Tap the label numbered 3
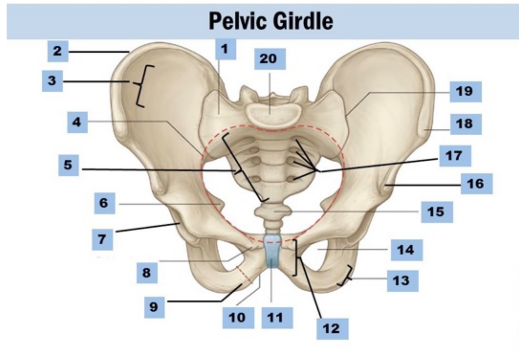(52, 81)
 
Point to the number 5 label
(68, 165)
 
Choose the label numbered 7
(102, 239)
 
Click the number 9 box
(154, 307)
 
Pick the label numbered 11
(277, 318)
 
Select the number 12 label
(332, 329)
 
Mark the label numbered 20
(270, 59)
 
